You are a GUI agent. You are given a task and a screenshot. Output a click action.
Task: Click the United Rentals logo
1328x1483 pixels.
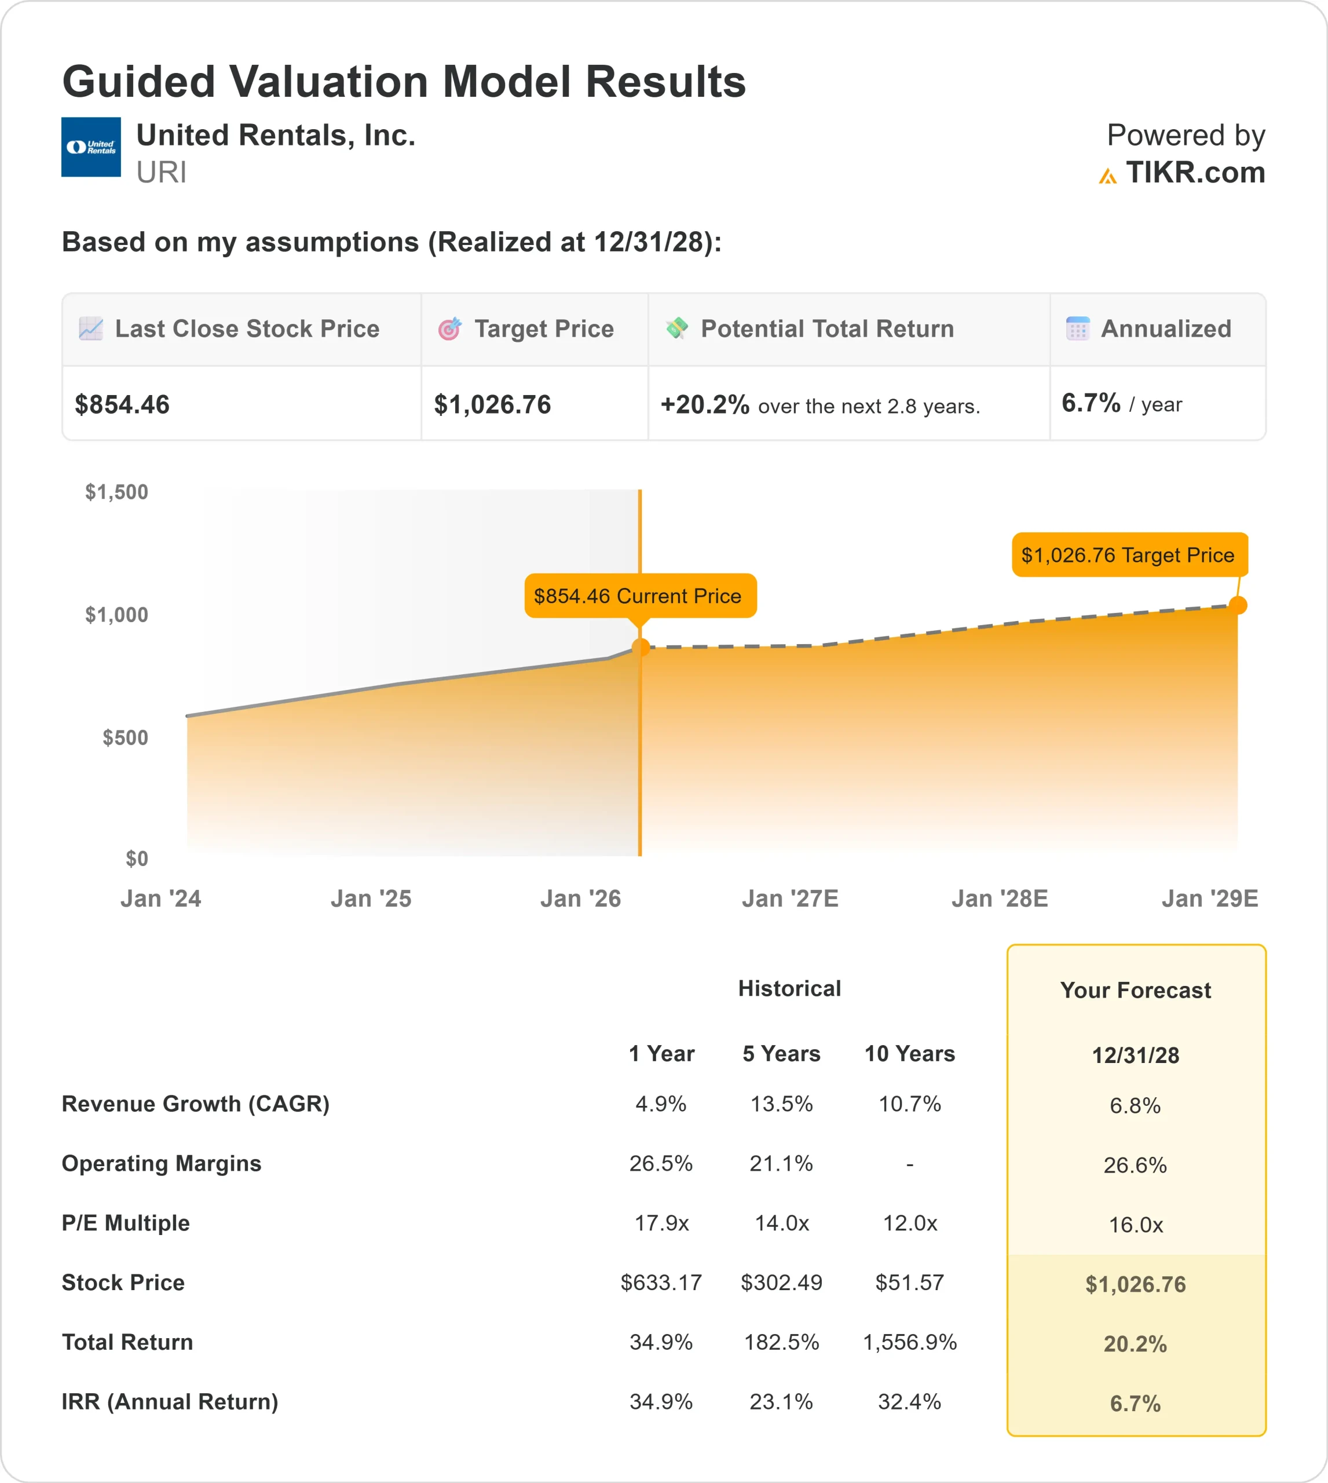(x=90, y=147)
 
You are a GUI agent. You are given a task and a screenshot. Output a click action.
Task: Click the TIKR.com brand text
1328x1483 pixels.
(x=1194, y=173)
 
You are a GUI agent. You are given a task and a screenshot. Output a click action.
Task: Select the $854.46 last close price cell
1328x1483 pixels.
(x=123, y=404)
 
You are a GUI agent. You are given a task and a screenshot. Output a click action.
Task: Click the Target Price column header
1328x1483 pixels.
(x=544, y=329)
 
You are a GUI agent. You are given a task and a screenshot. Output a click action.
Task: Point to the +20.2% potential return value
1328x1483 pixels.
(x=704, y=404)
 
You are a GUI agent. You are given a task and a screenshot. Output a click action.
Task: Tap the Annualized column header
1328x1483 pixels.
(x=1165, y=329)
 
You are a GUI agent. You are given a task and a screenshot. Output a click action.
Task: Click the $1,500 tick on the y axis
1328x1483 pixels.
(x=117, y=492)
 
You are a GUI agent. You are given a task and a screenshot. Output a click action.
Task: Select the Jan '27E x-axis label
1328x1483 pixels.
(x=789, y=898)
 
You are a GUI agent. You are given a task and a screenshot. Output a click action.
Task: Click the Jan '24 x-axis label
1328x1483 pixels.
(x=160, y=898)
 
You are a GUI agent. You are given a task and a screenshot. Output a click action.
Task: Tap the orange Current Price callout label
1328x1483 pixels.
(x=640, y=596)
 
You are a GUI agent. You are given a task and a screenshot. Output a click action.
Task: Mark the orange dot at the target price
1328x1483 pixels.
(x=1238, y=605)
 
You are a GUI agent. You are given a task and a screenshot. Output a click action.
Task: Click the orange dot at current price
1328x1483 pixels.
(x=641, y=646)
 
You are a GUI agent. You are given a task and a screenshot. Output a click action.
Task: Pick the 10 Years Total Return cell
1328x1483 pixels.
(x=909, y=1342)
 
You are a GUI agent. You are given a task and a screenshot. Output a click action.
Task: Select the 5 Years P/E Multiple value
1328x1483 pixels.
(x=781, y=1223)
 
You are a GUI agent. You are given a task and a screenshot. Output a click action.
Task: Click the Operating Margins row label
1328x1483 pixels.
(x=161, y=1163)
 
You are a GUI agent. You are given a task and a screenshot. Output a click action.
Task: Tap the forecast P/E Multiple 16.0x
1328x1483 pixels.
(x=1135, y=1225)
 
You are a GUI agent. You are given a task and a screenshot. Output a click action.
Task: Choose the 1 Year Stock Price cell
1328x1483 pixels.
(x=661, y=1283)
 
